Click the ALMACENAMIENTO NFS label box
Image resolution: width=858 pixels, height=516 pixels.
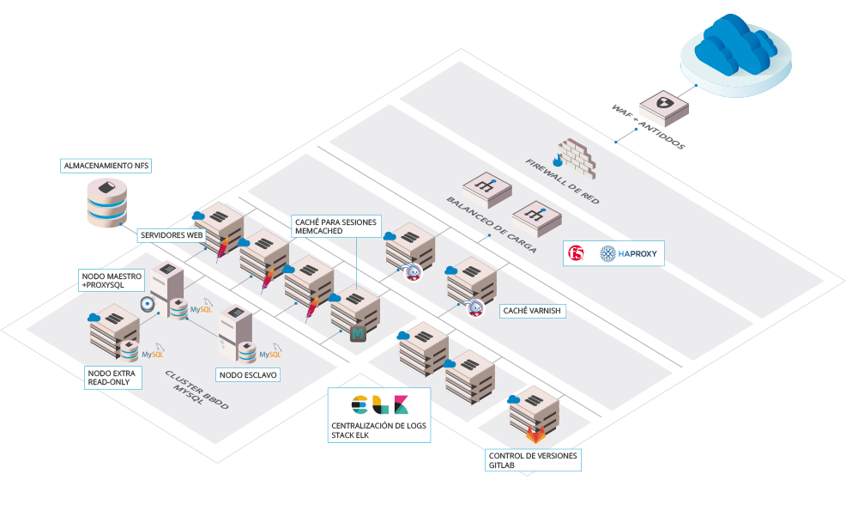pos(106,165)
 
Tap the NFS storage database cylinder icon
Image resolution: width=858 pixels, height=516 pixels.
pos(109,203)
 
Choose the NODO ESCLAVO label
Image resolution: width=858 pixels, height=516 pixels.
pos(248,374)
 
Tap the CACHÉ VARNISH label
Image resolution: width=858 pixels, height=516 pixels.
pos(533,311)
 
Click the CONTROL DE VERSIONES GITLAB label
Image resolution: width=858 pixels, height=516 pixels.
pos(533,460)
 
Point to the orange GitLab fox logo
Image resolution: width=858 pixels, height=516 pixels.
pos(535,433)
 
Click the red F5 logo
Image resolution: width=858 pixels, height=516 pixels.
pos(579,253)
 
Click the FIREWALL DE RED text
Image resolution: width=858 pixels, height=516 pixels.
pos(563,181)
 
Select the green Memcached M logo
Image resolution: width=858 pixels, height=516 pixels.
pos(359,333)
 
